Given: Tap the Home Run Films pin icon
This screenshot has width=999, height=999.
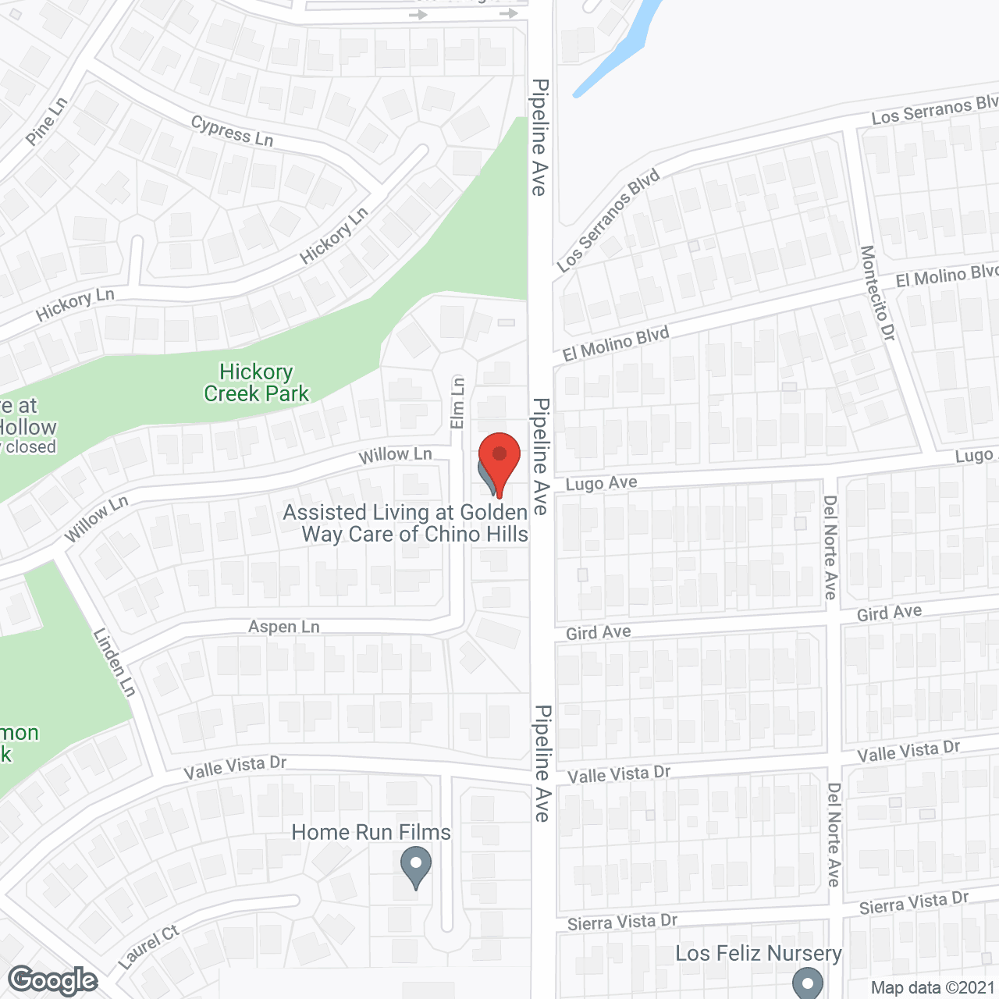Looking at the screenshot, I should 416,866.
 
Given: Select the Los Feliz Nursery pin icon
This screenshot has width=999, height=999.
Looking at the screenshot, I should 808,983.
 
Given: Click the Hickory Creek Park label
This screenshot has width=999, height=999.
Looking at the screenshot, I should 256,382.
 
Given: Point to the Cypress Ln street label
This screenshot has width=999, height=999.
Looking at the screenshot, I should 232,131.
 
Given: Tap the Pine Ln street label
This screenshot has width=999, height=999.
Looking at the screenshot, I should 47,122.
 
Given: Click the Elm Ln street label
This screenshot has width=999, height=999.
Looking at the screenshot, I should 457,403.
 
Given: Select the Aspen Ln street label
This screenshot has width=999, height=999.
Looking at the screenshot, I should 284,627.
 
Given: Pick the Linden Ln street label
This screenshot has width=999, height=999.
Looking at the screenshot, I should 115,663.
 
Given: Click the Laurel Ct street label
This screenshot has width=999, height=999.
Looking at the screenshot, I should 148,947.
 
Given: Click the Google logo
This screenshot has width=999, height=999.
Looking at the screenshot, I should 53,980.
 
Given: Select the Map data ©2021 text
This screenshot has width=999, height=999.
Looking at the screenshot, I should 933,987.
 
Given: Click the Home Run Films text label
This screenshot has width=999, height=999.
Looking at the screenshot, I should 371,833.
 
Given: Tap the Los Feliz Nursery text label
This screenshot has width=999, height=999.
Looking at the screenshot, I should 758,954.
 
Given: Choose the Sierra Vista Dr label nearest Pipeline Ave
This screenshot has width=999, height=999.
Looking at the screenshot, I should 622,923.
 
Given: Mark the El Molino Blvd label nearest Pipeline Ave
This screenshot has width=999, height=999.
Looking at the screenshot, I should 616,344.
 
